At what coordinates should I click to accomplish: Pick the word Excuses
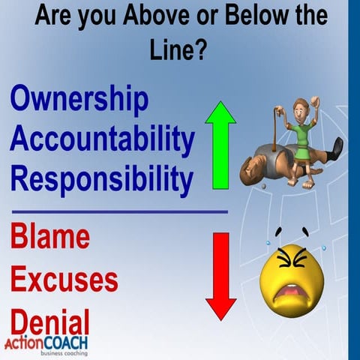click(x=64, y=278)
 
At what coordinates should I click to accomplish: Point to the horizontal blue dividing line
click(x=120, y=211)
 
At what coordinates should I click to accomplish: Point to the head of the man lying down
click(x=250, y=174)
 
